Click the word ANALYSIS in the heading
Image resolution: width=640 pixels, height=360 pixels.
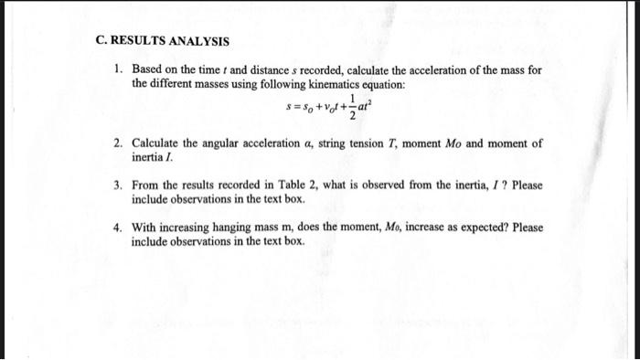coord(201,42)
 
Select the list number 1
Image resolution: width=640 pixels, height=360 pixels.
coord(118,69)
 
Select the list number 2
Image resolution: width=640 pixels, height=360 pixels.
coord(118,144)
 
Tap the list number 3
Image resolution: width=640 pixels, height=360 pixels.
coord(118,185)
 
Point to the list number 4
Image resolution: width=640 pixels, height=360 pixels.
coord(118,228)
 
